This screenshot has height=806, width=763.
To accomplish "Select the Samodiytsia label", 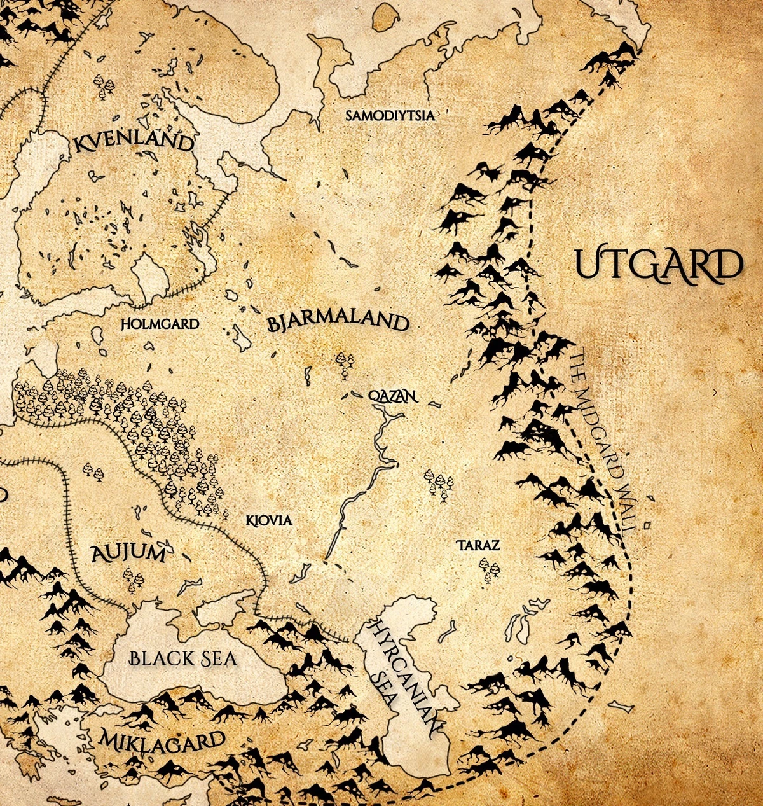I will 390,115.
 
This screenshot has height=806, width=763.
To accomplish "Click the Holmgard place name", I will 160,324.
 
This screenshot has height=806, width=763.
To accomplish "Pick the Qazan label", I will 392,396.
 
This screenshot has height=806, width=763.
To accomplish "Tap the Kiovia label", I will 269,520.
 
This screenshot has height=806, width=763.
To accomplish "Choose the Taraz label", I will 478,545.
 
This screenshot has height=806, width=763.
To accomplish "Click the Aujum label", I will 128,553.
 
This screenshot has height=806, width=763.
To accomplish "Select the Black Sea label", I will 183,658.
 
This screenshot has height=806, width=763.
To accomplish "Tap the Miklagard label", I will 162,740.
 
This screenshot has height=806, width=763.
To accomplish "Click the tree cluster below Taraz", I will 488,570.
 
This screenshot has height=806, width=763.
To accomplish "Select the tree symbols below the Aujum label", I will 134,580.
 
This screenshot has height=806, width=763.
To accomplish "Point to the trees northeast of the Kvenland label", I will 103,85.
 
